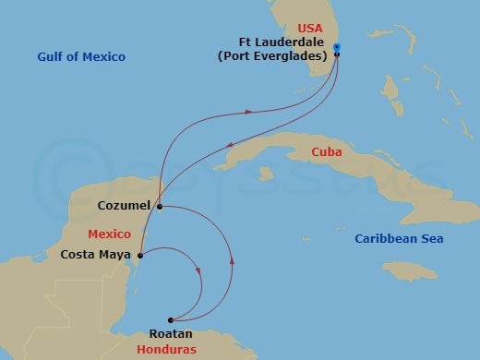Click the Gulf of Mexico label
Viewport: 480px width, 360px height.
point(81,57)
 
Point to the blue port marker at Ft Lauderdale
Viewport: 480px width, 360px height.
point(336,46)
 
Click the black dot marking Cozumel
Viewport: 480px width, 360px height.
point(159,206)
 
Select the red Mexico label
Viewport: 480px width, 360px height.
point(109,235)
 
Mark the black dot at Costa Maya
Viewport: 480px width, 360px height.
point(140,256)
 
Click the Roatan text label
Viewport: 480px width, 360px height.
point(170,337)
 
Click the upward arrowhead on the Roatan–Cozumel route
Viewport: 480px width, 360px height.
point(231,261)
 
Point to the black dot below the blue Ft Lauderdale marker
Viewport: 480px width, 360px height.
point(337,54)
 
